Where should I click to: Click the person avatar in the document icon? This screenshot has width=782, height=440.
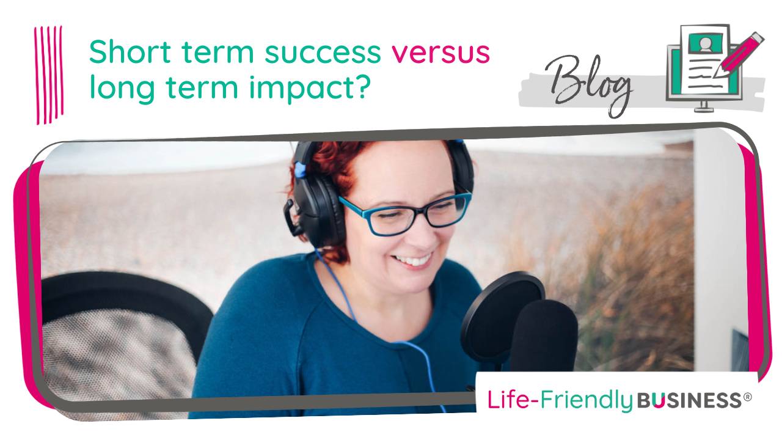tap(705, 44)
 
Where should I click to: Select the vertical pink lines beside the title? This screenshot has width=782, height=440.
tap(48, 73)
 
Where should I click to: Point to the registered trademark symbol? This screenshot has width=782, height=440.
tap(747, 397)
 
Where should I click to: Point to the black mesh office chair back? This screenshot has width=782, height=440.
tap(104, 342)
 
